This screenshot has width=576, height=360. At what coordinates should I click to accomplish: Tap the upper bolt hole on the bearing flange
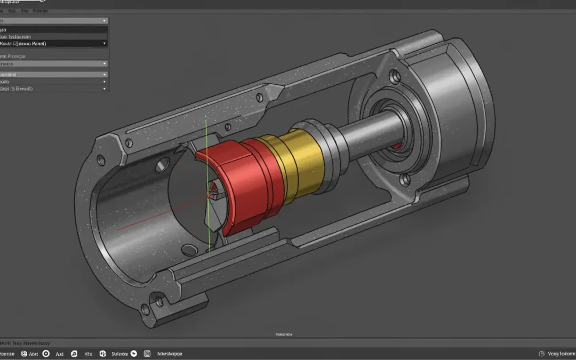click(x=395, y=77)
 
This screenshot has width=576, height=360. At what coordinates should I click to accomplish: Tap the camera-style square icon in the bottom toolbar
click(x=147, y=354)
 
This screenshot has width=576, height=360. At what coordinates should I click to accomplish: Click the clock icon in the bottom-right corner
click(x=542, y=354)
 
